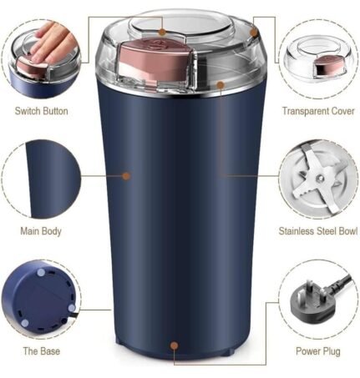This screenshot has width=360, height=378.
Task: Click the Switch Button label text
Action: [43, 111]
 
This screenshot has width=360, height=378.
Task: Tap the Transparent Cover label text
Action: [317, 111]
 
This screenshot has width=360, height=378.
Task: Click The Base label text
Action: [41, 351]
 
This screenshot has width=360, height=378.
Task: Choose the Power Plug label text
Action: [317, 351]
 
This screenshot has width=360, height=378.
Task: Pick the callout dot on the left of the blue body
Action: [126, 176]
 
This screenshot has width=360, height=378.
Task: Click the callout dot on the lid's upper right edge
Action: [254, 33]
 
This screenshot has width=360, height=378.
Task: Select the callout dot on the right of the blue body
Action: [222, 176]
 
